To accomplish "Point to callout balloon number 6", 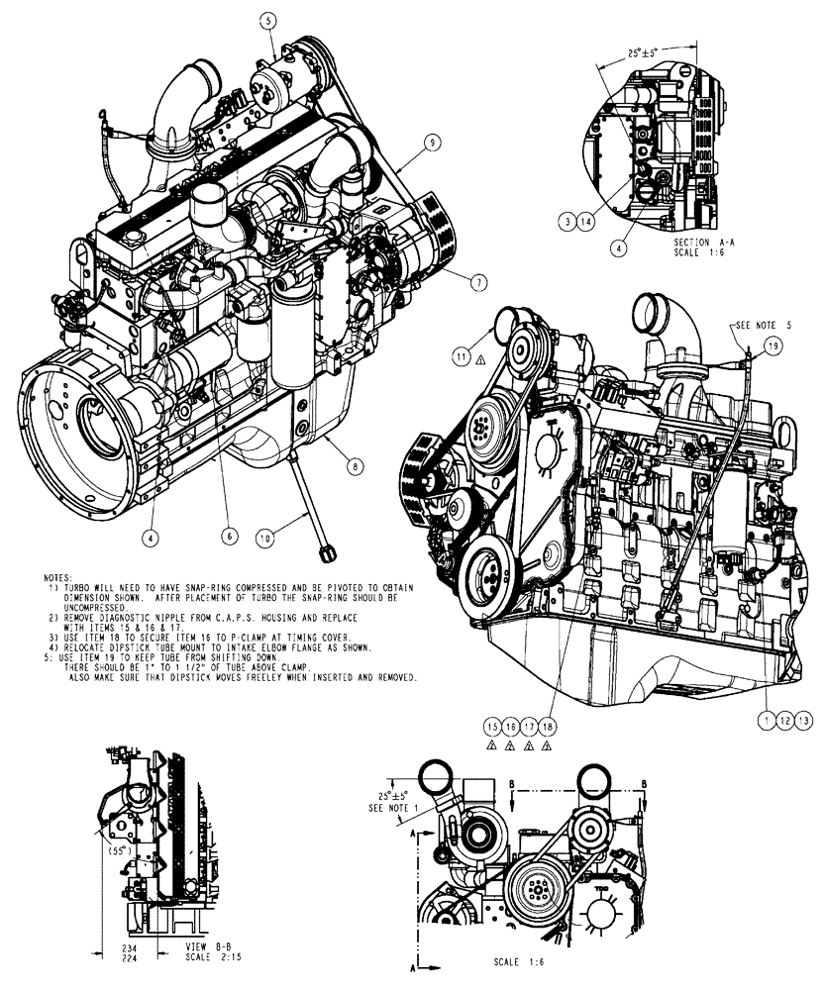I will pyautogui.click(x=228, y=535).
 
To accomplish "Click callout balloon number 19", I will pyautogui.click(x=773, y=346).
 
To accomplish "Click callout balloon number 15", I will pyautogui.click(x=490, y=727).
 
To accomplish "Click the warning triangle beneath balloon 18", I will pyautogui.click(x=546, y=746).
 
